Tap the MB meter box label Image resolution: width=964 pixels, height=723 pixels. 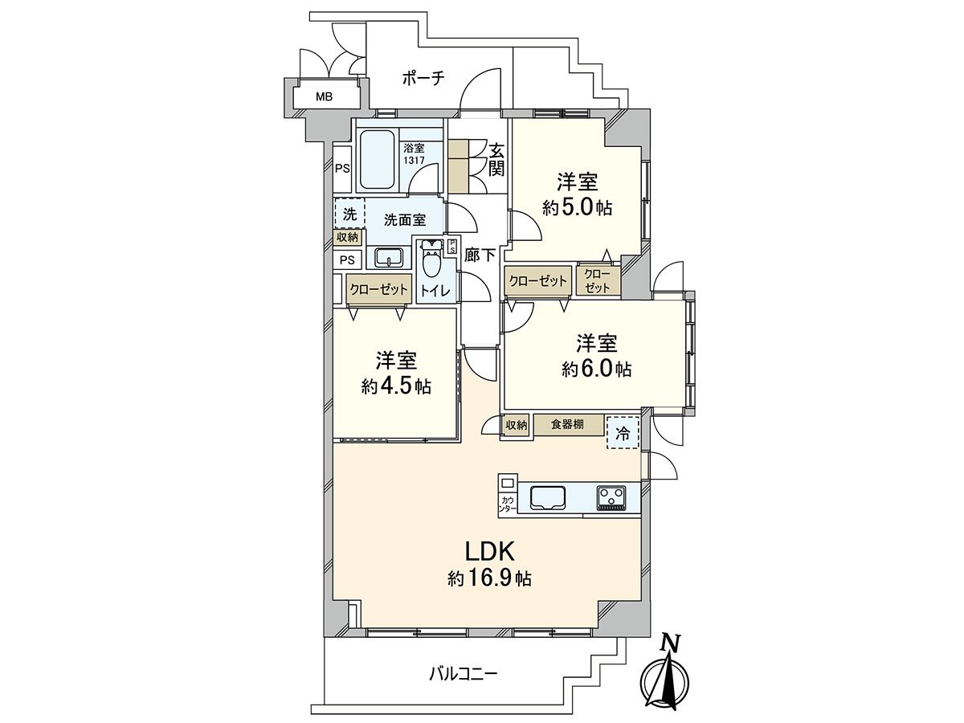pos(324,97)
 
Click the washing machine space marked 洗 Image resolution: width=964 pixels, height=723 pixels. pos(349,214)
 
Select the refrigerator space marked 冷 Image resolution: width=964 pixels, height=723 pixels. pos(623,432)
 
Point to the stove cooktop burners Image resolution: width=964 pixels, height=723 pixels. pos(611,498)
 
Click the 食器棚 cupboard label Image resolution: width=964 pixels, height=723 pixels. pos(567,425)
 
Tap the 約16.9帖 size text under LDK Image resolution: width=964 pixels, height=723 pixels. pos(489,578)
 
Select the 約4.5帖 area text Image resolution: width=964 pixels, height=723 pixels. pos(396,386)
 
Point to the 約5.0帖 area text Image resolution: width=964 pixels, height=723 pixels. pos(577,207)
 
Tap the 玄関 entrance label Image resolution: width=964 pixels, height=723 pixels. pos(496,158)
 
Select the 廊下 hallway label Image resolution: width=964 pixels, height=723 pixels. pos(480,255)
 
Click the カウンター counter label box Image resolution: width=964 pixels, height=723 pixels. pos(507,504)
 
